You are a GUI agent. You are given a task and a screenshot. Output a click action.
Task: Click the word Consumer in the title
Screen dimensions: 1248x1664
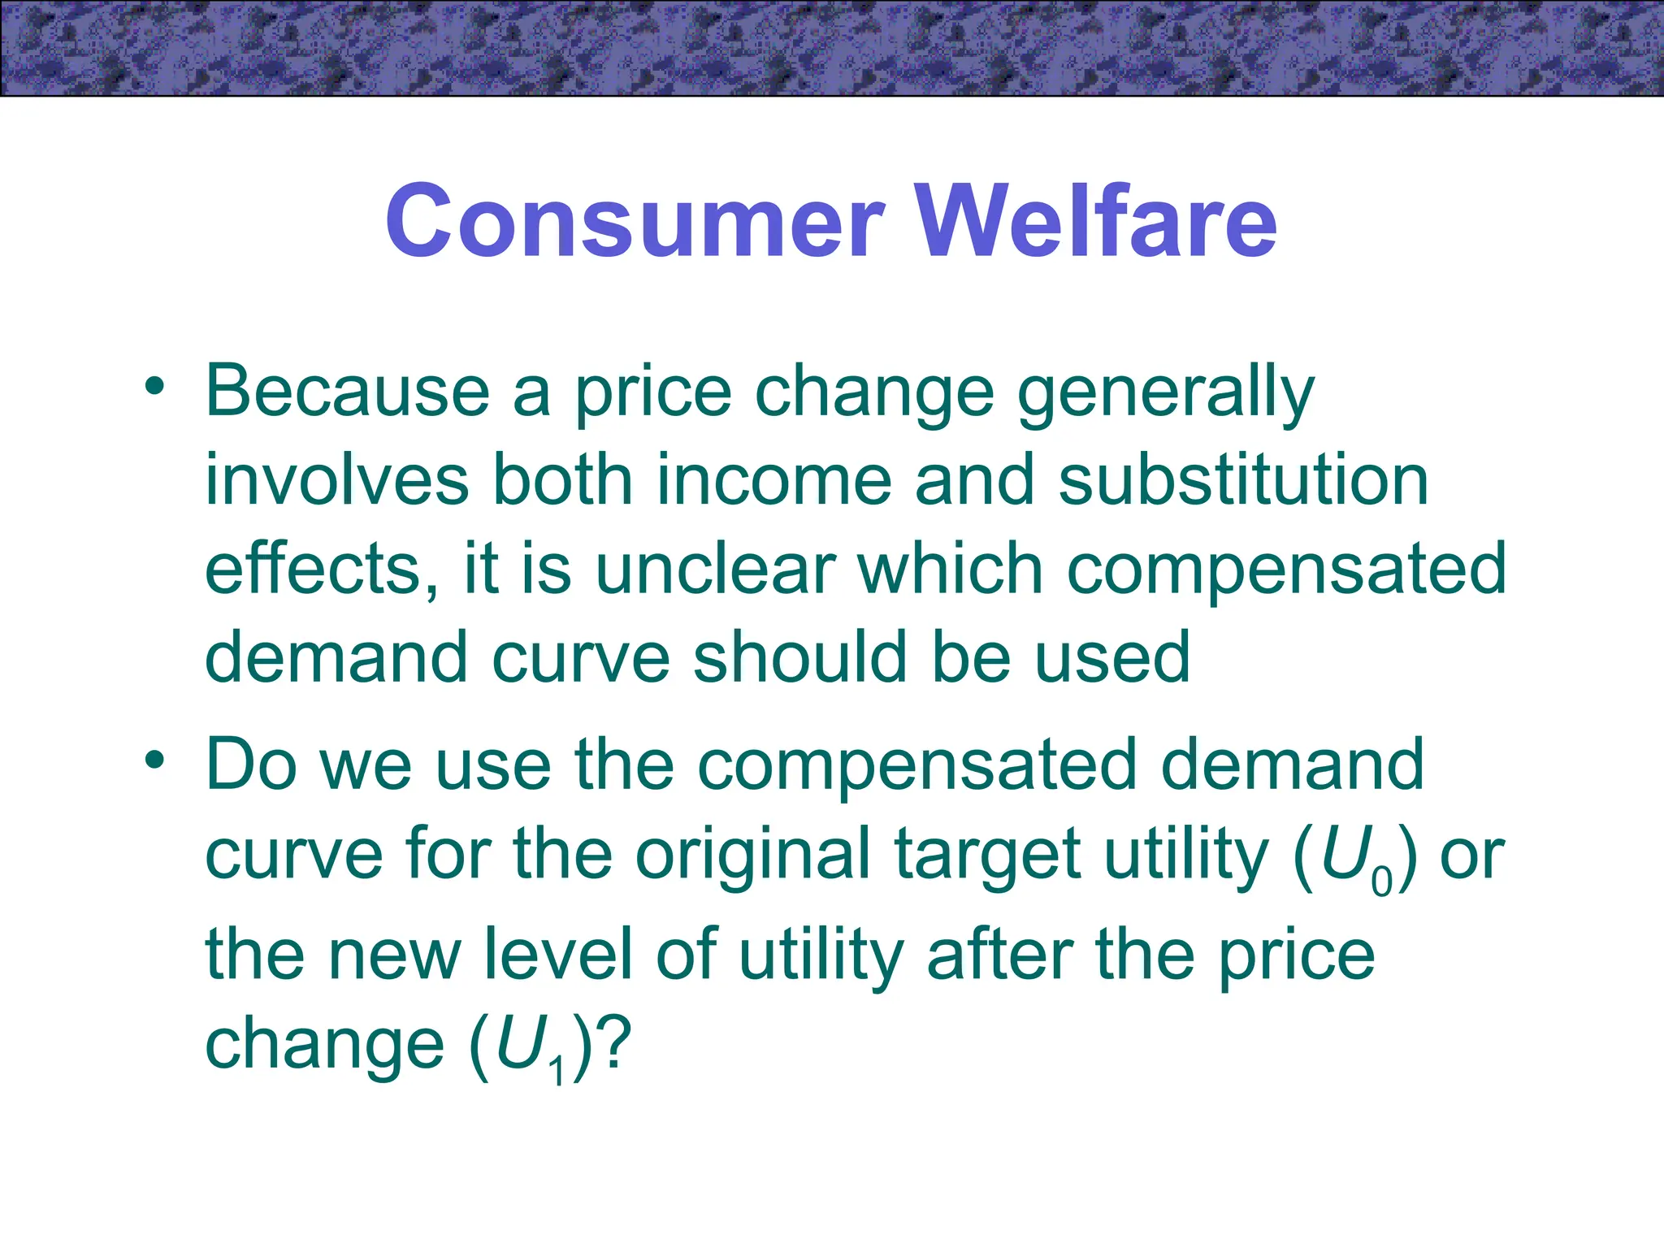tap(634, 221)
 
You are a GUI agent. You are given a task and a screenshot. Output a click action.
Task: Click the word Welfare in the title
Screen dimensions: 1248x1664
tap(1096, 221)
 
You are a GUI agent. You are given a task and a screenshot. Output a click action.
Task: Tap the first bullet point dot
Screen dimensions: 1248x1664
tap(154, 385)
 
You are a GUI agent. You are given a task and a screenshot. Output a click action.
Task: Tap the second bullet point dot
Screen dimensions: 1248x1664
tap(154, 760)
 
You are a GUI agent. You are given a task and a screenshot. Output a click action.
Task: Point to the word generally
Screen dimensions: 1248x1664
tap(1165, 393)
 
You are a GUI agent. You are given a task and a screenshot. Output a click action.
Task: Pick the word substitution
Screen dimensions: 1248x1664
tap(1243, 481)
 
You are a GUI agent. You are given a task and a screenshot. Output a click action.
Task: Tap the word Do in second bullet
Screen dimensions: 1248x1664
tap(250, 765)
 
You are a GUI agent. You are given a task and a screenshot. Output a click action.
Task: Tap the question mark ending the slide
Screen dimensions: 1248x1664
tap(613, 1044)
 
